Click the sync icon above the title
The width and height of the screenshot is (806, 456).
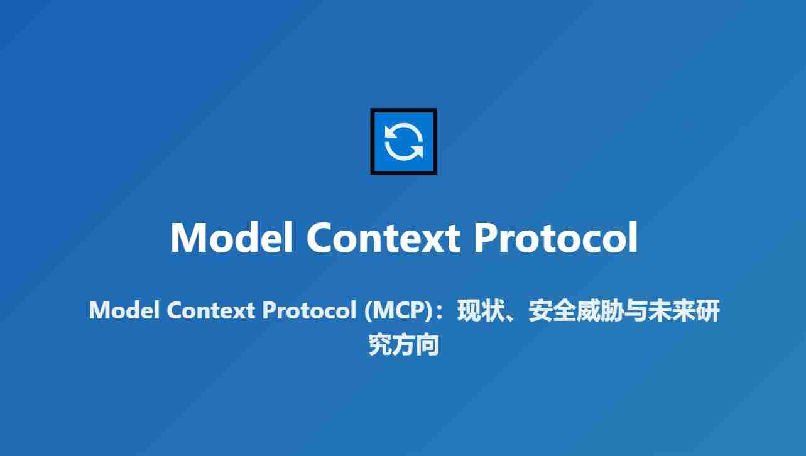pos(403,141)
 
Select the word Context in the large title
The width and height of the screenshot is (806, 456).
pos(384,237)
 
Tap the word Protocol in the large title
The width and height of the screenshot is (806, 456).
pos(555,237)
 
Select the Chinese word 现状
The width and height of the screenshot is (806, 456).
pos(474,311)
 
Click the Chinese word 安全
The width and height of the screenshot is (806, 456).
pos(546,311)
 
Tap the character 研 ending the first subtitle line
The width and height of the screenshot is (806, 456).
pos(707,311)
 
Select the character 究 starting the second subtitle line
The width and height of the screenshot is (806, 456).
pos(380,345)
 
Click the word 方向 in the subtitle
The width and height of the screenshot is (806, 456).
pos(415,345)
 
